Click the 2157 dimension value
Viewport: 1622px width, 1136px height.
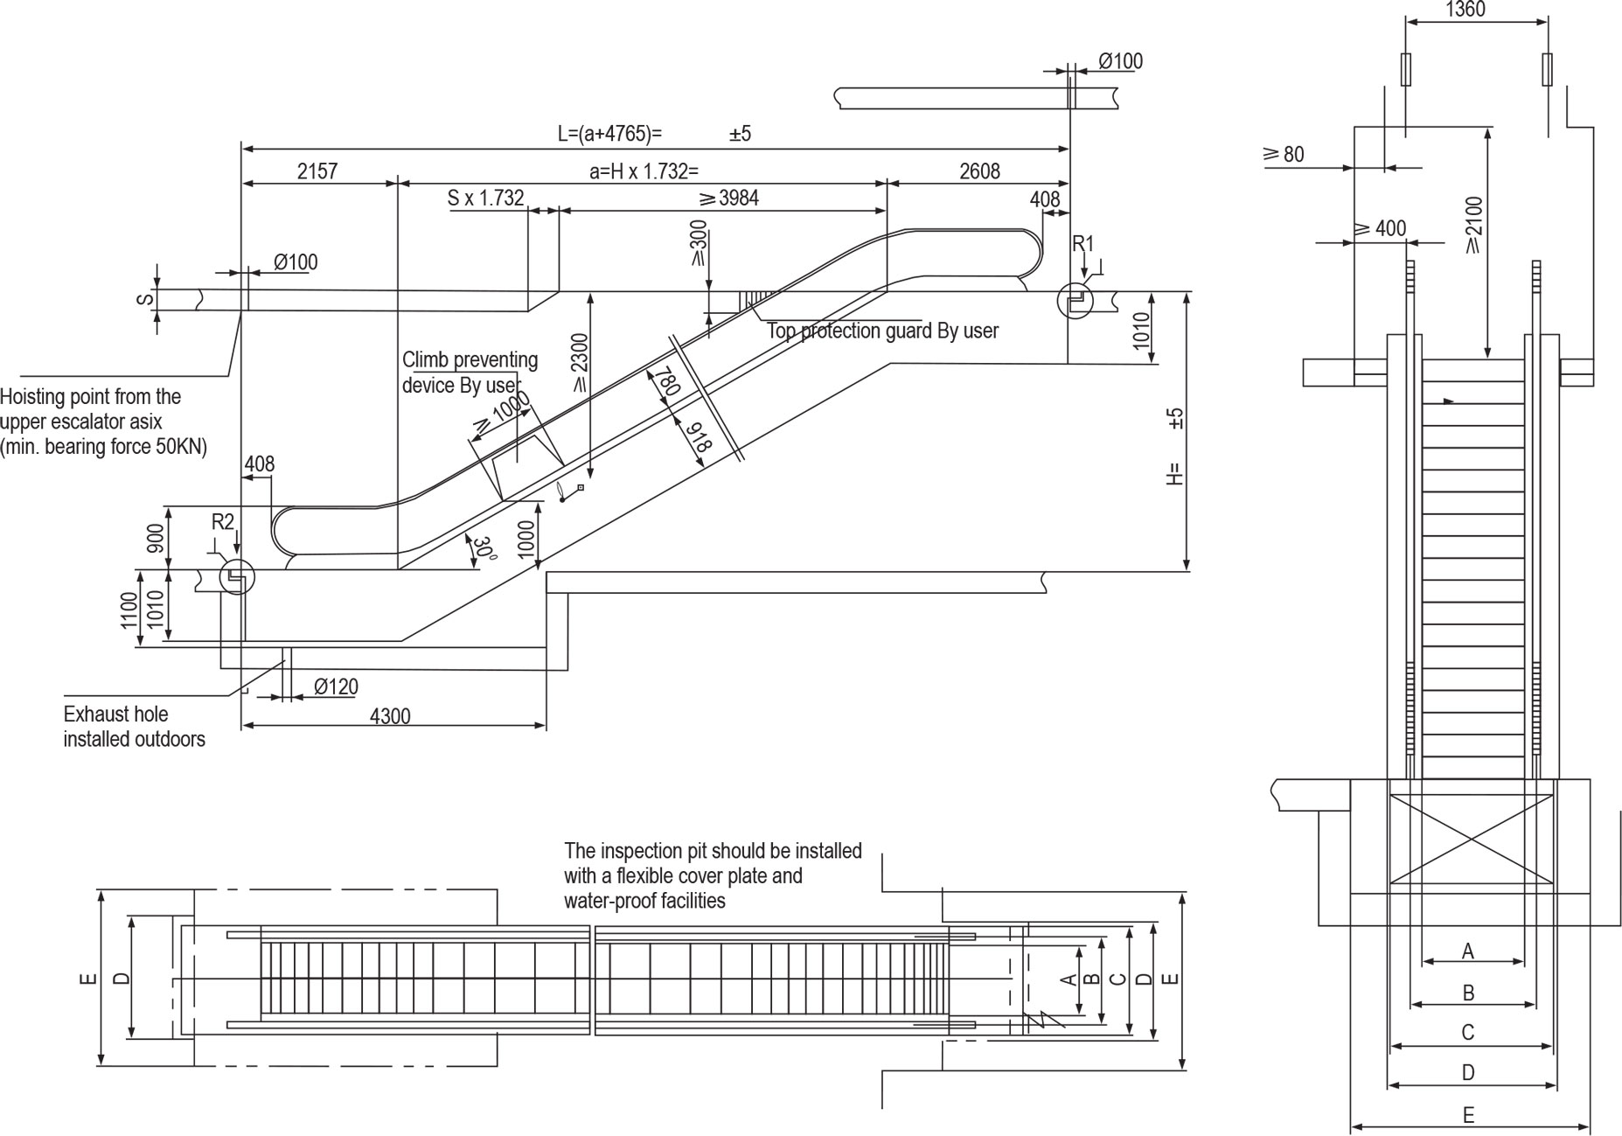pyautogui.click(x=317, y=171)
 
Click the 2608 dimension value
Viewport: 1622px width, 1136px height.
pyautogui.click(x=979, y=171)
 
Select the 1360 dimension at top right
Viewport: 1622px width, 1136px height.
pyautogui.click(x=1465, y=10)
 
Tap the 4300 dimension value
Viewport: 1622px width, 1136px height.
pyautogui.click(x=390, y=716)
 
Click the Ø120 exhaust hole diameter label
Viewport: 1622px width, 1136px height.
pyautogui.click(x=336, y=687)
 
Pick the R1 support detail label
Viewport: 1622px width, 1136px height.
pyautogui.click(x=1083, y=244)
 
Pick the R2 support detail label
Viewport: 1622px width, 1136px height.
pyautogui.click(x=223, y=522)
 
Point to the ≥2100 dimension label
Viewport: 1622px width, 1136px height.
pyautogui.click(x=1474, y=225)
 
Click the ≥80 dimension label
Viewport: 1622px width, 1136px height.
pyautogui.click(x=1284, y=155)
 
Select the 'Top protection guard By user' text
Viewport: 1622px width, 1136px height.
pyautogui.click(x=882, y=331)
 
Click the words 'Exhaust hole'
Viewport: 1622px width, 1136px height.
pyautogui.click(x=115, y=714)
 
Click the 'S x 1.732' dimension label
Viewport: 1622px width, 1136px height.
pyautogui.click(x=485, y=199)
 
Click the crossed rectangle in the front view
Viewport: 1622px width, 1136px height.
pyautogui.click(x=1471, y=838)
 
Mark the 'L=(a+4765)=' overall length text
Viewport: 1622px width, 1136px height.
pyautogui.click(x=610, y=134)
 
